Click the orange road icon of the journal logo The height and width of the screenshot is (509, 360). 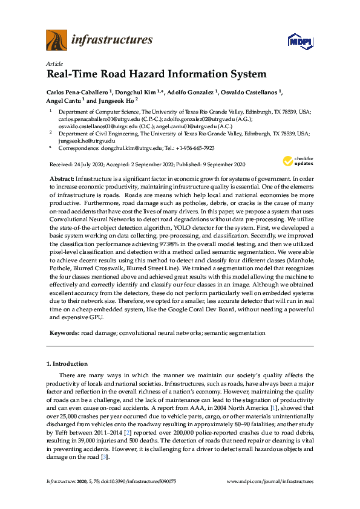56,41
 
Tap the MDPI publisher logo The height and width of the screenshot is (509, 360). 300,41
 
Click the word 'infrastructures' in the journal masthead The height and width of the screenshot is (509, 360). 112,41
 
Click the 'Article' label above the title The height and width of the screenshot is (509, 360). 54,63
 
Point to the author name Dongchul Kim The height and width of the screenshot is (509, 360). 137,92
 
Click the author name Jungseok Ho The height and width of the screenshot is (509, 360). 116,100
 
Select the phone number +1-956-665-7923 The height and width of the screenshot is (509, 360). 195,148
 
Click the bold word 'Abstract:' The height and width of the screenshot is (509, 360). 61,180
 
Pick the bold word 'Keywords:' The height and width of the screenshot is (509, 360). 63,332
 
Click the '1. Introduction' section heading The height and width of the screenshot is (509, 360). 67,364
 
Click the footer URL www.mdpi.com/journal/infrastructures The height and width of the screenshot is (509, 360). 270,482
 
